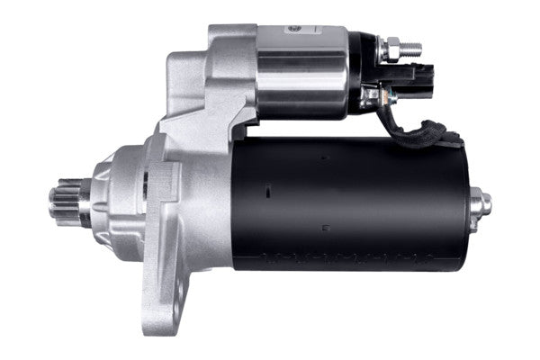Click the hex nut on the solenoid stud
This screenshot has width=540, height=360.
392,44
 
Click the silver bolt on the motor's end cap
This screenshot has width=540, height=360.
484,203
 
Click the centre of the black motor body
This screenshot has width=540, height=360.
351,202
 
